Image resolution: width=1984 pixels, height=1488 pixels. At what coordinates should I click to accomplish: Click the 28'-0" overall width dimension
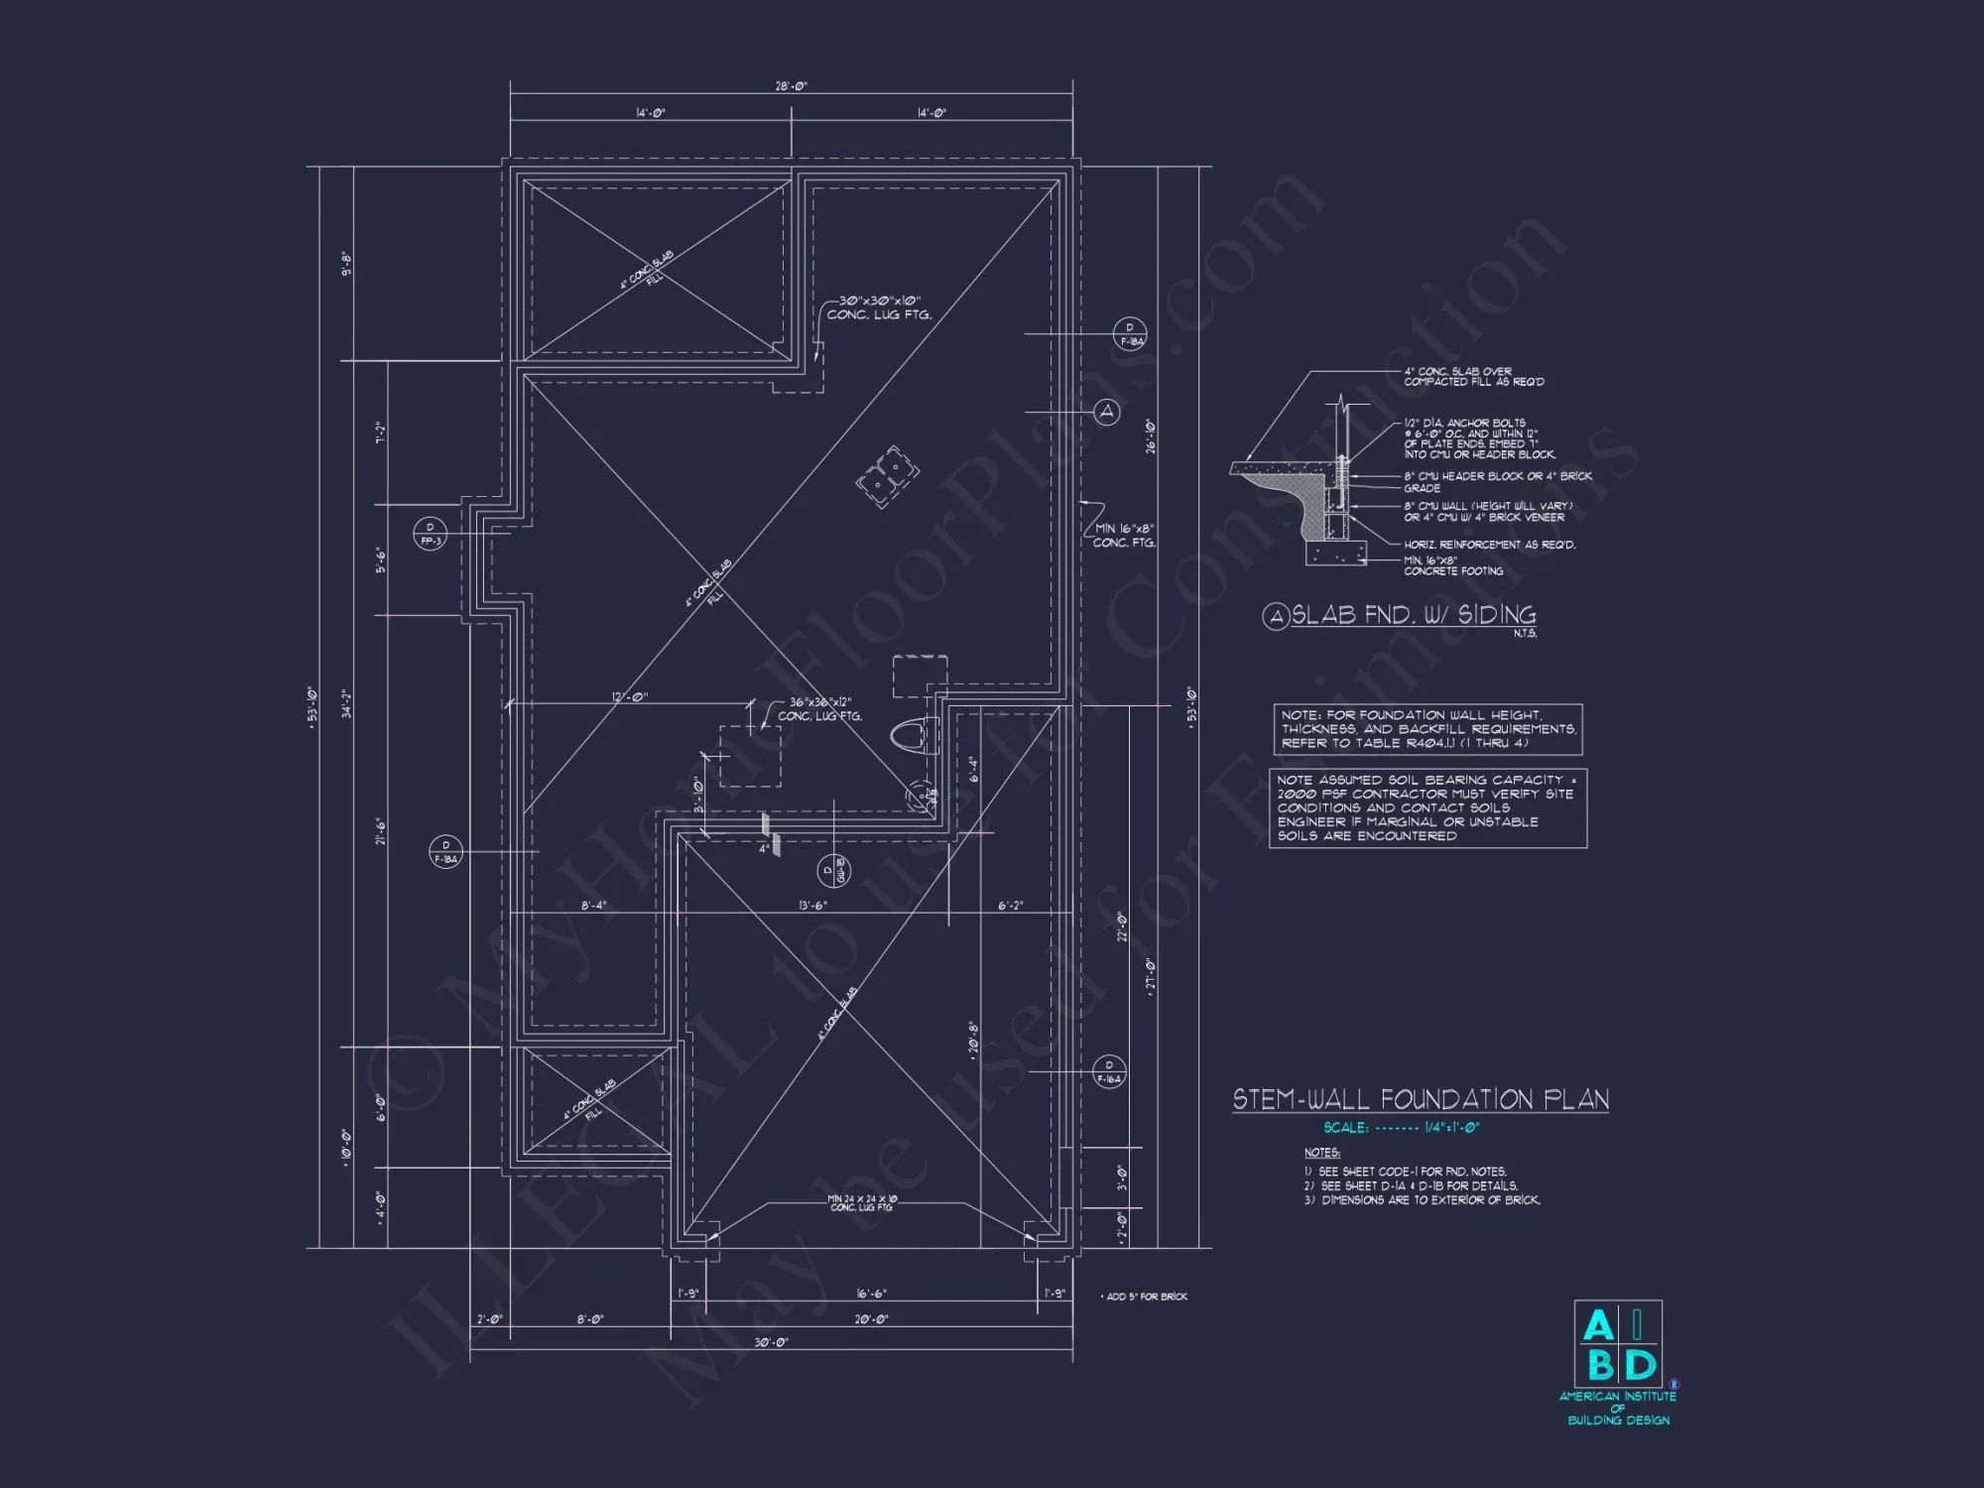(x=791, y=86)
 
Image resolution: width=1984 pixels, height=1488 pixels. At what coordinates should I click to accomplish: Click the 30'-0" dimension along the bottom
(x=771, y=1342)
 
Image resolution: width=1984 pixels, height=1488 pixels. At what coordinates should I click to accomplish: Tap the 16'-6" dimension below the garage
(x=871, y=1294)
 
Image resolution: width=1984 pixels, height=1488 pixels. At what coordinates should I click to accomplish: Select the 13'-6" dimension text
(x=812, y=906)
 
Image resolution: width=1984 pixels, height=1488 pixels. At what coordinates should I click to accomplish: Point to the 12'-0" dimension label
(x=629, y=697)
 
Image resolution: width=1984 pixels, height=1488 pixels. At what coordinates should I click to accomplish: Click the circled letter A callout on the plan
(x=1107, y=412)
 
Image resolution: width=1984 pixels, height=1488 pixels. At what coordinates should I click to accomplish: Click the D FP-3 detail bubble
(x=430, y=535)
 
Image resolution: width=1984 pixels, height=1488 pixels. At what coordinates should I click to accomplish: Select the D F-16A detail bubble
(x=1109, y=1071)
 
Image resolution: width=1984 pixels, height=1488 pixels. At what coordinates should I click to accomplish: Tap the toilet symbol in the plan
(x=910, y=736)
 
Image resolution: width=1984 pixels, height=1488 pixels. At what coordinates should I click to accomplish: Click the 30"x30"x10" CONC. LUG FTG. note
(x=879, y=308)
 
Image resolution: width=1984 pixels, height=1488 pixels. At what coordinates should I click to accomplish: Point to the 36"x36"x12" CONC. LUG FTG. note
(x=819, y=709)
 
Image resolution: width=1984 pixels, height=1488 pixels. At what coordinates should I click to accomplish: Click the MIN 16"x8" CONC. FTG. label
(x=1124, y=536)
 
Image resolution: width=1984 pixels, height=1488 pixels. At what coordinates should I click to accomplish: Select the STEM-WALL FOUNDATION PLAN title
(x=1421, y=1099)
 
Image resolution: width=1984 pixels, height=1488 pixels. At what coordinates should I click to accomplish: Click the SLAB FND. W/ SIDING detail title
(x=1413, y=615)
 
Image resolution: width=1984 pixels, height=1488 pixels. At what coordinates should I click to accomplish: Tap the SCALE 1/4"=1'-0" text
(x=1401, y=1128)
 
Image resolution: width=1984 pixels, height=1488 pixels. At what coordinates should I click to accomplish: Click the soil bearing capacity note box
(x=1427, y=807)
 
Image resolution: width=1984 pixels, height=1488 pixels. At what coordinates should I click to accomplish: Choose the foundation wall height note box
(x=1427, y=729)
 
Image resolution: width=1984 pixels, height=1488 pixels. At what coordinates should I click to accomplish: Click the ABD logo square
(x=1618, y=1345)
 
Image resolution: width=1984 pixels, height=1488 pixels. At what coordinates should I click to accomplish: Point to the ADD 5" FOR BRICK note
(x=1146, y=1297)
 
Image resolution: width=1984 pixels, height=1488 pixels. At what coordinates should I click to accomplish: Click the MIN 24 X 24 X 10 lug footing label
(x=862, y=1203)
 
